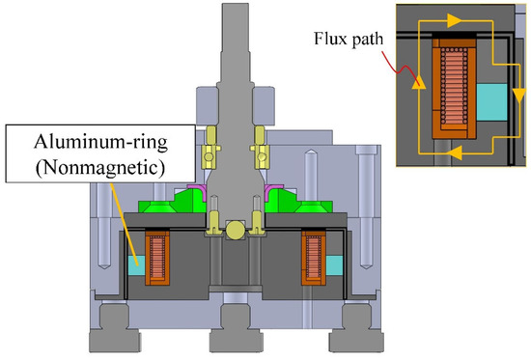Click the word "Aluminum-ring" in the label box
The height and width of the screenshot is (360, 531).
point(101,142)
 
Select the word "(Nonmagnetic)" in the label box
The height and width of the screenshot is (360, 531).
point(101,167)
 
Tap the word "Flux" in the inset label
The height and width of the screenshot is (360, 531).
point(330,39)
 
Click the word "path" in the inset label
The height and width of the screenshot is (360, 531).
point(368,40)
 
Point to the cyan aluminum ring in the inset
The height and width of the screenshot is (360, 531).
point(491,102)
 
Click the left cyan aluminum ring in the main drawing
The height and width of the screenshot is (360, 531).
point(136,265)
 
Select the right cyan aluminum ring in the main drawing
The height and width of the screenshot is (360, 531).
point(335,265)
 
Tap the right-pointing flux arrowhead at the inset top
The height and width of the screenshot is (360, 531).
point(454,20)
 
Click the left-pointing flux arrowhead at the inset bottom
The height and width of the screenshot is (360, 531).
point(456,153)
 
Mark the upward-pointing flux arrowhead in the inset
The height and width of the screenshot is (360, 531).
point(419,82)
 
